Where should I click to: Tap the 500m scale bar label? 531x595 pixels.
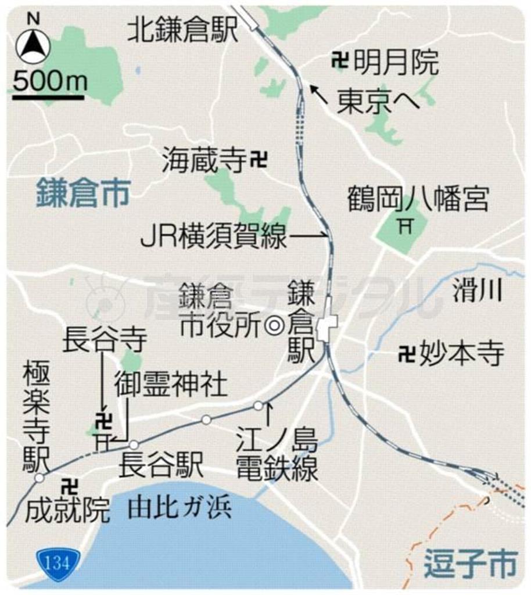tap(49, 82)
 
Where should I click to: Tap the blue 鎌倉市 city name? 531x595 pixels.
tap(82, 193)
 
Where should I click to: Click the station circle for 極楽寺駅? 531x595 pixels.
tap(39, 478)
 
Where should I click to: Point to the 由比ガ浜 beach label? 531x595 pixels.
tap(180, 508)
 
